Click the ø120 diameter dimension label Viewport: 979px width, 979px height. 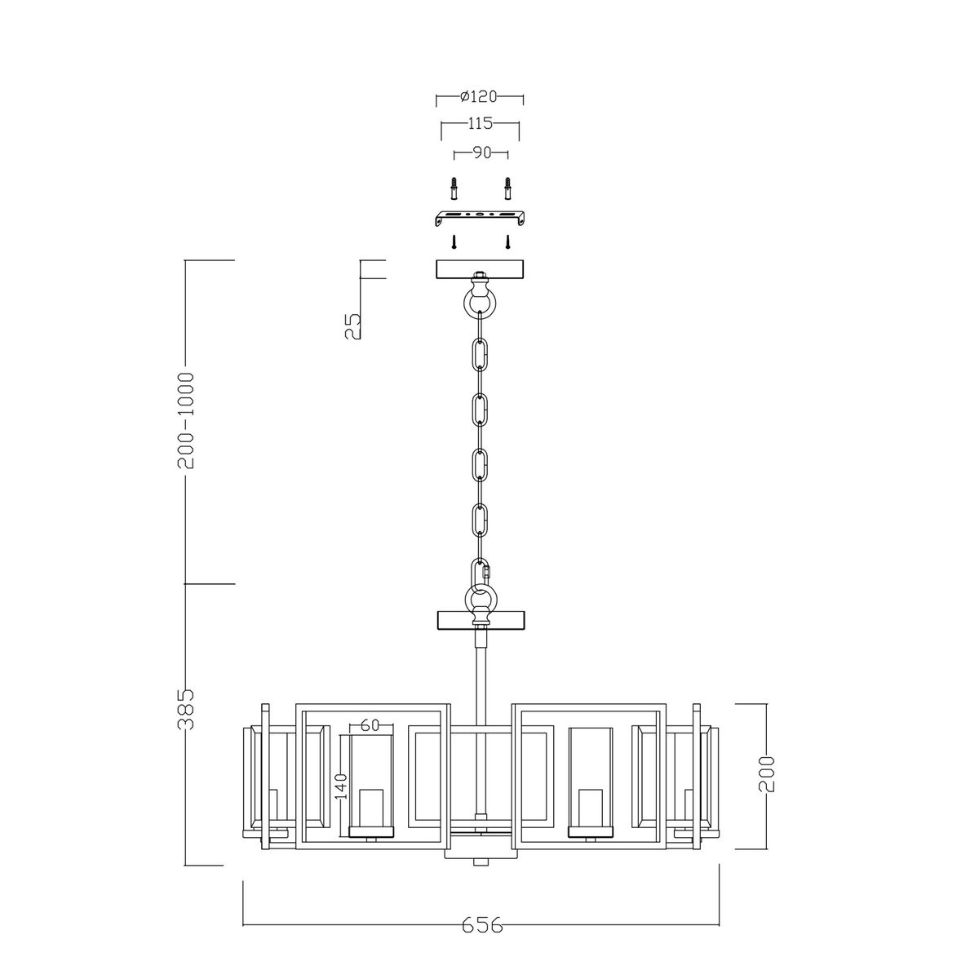pyautogui.click(x=480, y=97)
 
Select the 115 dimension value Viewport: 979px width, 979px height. pyautogui.click(x=480, y=124)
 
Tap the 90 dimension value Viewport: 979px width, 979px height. pyautogui.click(x=481, y=153)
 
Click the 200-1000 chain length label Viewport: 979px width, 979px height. pyautogui.click(x=187, y=420)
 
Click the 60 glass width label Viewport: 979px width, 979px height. pyautogui.click(x=370, y=724)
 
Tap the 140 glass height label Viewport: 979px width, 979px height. pyautogui.click(x=341, y=786)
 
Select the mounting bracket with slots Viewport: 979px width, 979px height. pyautogui.click(x=481, y=219)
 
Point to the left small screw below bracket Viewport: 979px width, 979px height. pyautogui.click(x=454, y=242)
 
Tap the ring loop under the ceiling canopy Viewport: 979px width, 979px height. pyautogui.click(x=481, y=301)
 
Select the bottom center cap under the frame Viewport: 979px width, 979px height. pyautogui.click(x=481, y=860)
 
